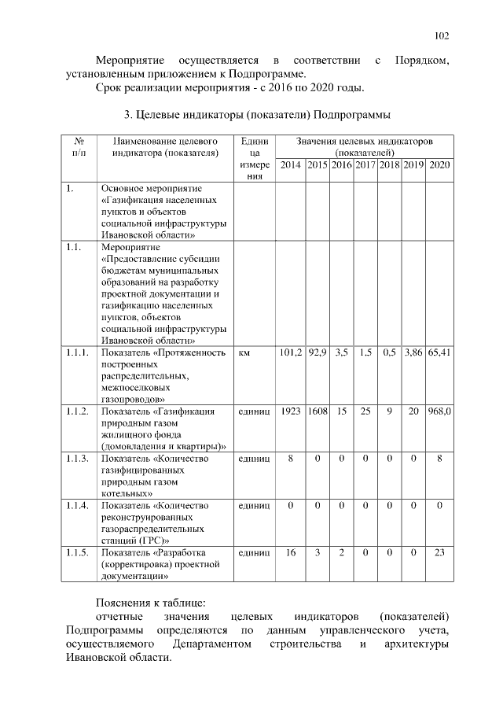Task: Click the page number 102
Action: pyautogui.click(x=441, y=35)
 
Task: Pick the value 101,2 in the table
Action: pyautogui.click(x=290, y=353)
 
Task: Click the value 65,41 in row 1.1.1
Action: pyautogui.click(x=439, y=353)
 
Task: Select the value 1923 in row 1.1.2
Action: pyautogui.click(x=290, y=411)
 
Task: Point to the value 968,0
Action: pyautogui.click(x=439, y=411)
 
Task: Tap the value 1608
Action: pyautogui.click(x=317, y=411)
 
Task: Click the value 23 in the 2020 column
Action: pyautogui.click(x=439, y=552)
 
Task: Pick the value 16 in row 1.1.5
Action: pyautogui.click(x=290, y=552)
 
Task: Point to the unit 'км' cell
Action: pyautogui.click(x=244, y=353)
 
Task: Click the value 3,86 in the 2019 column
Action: pyautogui.click(x=413, y=353)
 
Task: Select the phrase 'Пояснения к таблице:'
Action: pyautogui.click(x=150, y=602)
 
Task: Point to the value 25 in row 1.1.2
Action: pyautogui.click(x=365, y=411)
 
